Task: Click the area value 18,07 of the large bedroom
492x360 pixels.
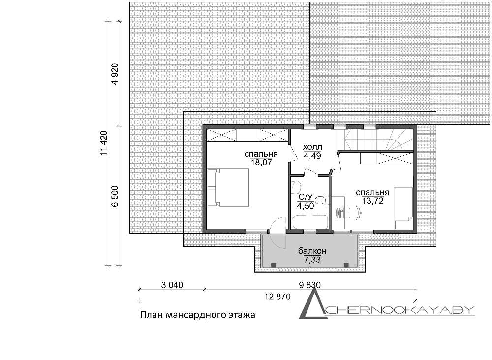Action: [261, 163]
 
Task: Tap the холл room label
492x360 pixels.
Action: [312, 147]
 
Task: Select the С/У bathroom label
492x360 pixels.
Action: [306, 197]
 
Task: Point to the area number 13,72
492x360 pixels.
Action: [373, 201]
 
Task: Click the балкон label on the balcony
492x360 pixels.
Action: [312, 251]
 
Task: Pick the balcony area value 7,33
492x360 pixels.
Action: [312, 260]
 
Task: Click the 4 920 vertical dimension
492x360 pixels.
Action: [115, 74]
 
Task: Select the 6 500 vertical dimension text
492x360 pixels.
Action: [115, 196]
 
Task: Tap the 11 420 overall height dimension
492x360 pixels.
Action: [104, 143]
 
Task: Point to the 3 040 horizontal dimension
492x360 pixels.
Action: [172, 285]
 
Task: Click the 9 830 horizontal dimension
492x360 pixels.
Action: [310, 285]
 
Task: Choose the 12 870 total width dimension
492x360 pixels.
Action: [277, 296]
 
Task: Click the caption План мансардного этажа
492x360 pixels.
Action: [197, 315]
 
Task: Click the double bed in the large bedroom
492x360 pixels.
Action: [228, 188]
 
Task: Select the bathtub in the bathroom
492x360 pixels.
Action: [309, 222]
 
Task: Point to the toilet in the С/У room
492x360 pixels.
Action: [321, 200]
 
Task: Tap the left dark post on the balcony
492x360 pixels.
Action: [274, 265]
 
